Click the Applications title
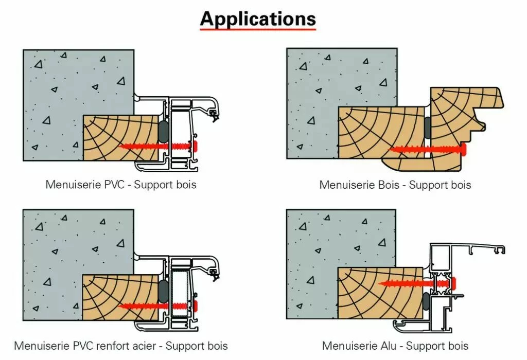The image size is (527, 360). pos(257,19)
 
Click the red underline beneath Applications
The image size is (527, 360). pos(257,30)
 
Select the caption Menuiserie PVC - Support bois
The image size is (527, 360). pos(121,184)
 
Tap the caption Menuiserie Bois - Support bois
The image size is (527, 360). pos(395,184)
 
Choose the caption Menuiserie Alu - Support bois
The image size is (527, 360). pos(395,346)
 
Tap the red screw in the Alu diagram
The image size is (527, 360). pos(417,282)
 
